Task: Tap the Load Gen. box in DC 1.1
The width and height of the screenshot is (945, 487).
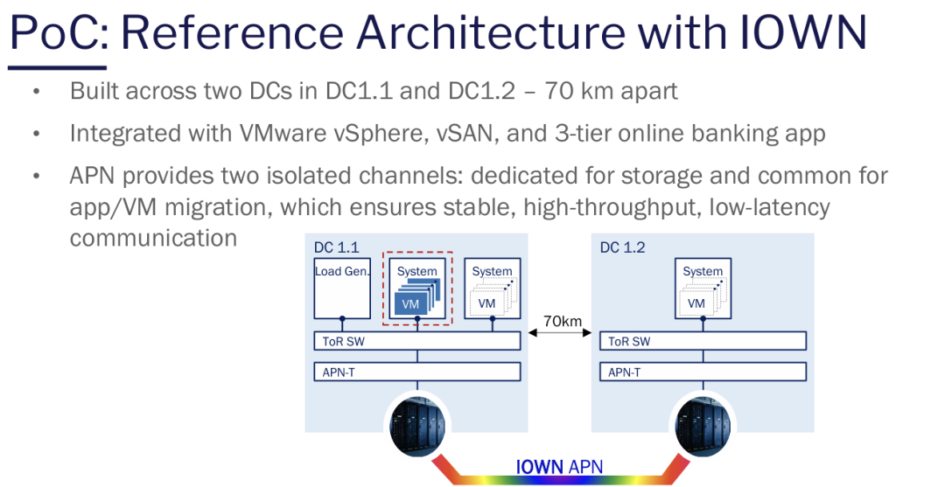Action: point(342,289)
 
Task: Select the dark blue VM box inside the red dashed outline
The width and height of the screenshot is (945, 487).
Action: point(410,303)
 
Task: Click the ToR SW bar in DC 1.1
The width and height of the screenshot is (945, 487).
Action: point(417,341)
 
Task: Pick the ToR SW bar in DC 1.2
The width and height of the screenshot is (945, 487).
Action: point(703,341)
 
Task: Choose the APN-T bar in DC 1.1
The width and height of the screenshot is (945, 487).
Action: point(417,372)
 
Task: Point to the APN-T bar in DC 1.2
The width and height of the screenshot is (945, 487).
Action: point(703,372)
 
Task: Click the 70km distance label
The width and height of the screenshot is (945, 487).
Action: point(562,321)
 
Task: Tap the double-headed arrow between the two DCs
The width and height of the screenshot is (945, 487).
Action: point(561,333)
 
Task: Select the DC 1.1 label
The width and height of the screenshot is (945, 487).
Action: point(336,248)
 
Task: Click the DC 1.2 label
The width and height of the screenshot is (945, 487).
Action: point(622,248)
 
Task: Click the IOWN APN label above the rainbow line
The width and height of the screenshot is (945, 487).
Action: point(559,466)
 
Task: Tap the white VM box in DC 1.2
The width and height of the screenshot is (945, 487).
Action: point(696,303)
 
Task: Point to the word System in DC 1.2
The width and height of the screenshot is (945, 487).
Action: point(703,271)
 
